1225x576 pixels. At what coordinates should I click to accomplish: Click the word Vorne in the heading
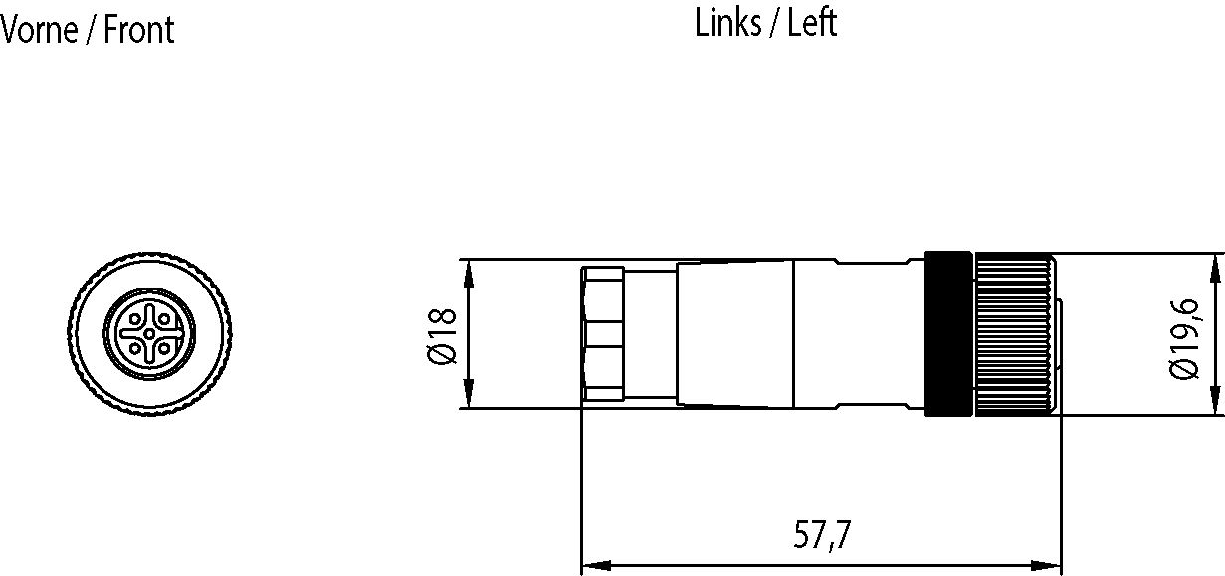coord(40,30)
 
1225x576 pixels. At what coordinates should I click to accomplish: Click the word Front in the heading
coord(139,30)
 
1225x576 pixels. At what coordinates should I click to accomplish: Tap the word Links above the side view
coord(727,23)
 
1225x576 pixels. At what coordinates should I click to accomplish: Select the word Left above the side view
coord(812,23)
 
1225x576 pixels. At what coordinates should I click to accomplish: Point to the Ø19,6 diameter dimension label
coord(1184,339)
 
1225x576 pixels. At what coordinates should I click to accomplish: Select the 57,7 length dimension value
coord(822,535)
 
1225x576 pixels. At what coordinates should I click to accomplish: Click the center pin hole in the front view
coord(150,333)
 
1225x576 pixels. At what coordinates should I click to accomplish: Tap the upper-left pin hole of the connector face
coord(135,318)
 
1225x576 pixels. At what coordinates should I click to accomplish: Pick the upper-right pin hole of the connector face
coord(164,318)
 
